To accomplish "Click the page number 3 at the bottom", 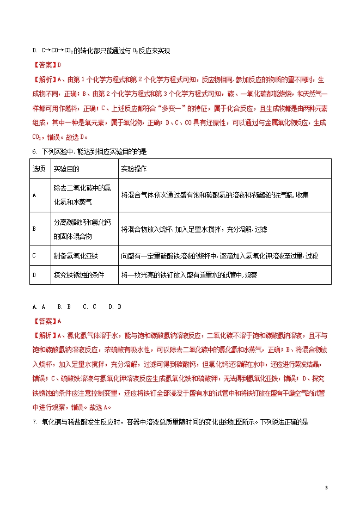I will (x=326, y=487).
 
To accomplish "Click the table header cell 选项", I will (x=39, y=169).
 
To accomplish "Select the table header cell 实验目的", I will (x=66, y=169).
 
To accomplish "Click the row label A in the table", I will (x=34, y=194).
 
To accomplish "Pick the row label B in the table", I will (x=34, y=229).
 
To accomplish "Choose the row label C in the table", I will (x=34, y=255).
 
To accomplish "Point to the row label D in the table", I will (x=34, y=275).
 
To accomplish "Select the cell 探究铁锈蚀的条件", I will (x=78, y=275).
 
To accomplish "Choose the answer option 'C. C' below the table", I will (x=89, y=307).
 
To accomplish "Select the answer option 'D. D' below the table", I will (x=115, y=307).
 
